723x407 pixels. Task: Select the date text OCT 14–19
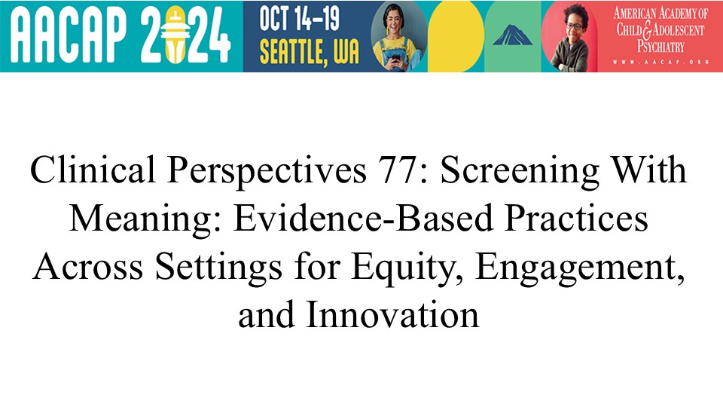pyautogui.click(x=299, y=18)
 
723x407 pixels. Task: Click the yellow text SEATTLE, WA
pyautogui.click(x=309, y=51)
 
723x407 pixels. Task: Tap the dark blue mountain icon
pyautogui.click(x=512, y=35)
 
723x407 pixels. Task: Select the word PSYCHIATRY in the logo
pyautogui.click(x=660, y=47)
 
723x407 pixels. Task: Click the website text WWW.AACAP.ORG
pyautogui.click(x=660, y=62)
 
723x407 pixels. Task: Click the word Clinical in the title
pyautogui.click(x=93, y=170)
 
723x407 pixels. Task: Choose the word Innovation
pyautogui.click(x=392, y=315)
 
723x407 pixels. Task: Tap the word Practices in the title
pyautogui.click(x=576, y=218)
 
